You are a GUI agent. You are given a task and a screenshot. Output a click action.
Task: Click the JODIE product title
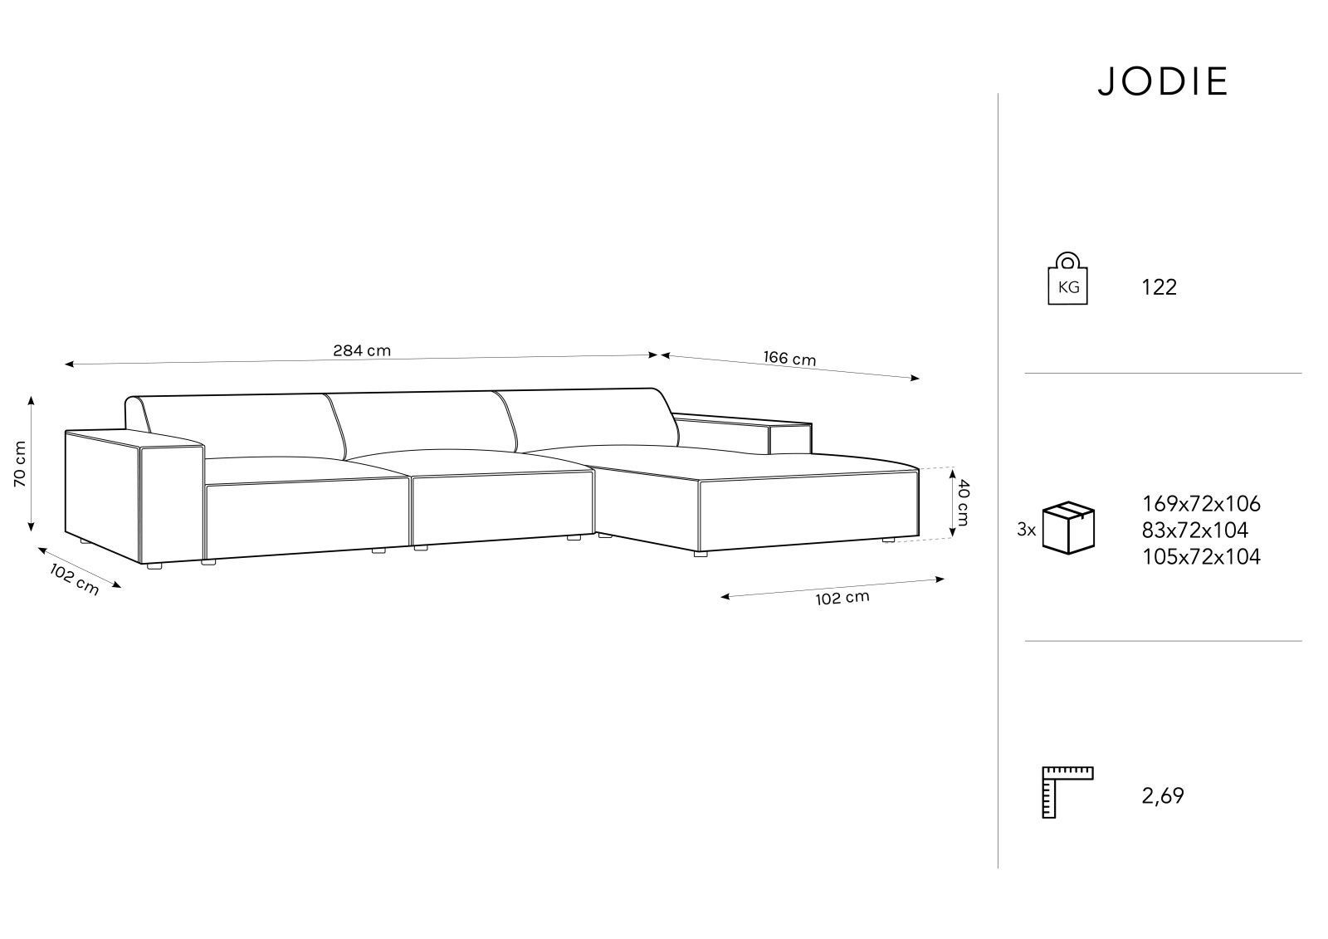point(1163,81)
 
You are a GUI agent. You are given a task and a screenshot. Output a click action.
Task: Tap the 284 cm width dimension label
point(362,350)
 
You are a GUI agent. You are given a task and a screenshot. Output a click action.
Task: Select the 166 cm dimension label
point(789,358)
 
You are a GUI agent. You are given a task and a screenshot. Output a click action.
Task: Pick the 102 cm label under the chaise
point(842,598)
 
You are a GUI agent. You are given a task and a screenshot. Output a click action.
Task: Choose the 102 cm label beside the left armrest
point(74,579)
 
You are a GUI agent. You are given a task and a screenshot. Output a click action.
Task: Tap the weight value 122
point(1159,287)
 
